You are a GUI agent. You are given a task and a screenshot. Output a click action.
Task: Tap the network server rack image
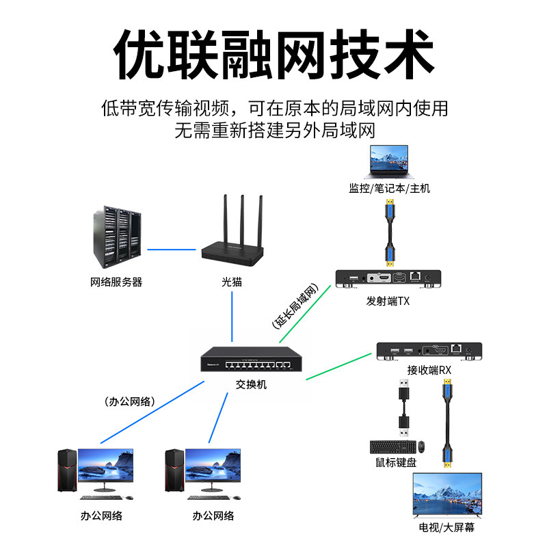[x=116, y=237]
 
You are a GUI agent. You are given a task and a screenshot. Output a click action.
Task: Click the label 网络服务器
[x=116, y=282]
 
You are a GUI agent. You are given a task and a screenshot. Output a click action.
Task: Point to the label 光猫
[x=232, y=282]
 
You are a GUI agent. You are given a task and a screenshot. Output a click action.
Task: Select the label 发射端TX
[x=388, y=302]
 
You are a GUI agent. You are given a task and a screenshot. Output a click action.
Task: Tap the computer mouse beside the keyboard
[x=422, y=446]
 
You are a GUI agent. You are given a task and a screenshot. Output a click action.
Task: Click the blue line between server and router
[x=172, y=249]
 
